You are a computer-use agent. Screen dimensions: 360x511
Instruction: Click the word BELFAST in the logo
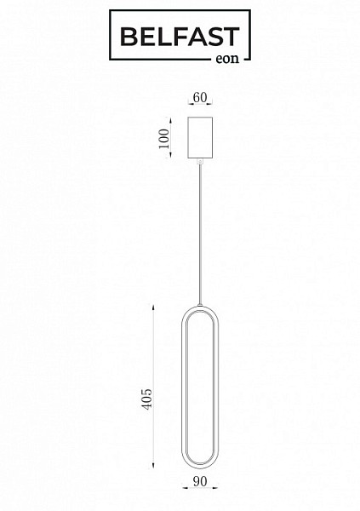coord(180,37)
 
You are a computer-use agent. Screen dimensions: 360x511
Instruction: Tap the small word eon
coord(227,59)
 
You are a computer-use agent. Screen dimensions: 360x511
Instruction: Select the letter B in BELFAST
coord(129,37)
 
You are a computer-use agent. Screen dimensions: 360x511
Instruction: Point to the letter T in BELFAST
coord(231,37)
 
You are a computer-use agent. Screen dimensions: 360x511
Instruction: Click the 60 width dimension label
coord(200,97)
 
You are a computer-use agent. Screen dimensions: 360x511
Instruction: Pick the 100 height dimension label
coord(164,139)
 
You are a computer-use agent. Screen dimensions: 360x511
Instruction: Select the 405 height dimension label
coord(147,399)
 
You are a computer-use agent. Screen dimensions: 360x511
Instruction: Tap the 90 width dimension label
coord(200,481)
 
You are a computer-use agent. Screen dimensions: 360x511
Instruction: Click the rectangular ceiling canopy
coord(200,137)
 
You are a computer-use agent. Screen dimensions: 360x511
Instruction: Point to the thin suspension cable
coord(200,234)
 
